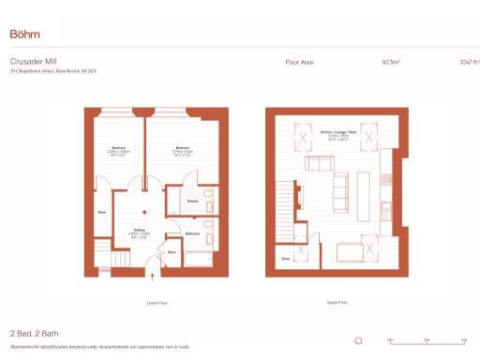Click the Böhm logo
tap(25, 34)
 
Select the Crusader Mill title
tap(30, 62)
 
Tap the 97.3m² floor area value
tap(390, 62)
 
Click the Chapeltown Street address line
tap(52, 71)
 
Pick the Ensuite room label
tap(190, 201)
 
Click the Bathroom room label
tap(191, 232)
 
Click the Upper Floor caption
tap(337, 303)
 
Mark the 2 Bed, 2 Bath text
tap(35, 333)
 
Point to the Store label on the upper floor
tap(284, 259)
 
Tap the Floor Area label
tap(299, 62)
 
